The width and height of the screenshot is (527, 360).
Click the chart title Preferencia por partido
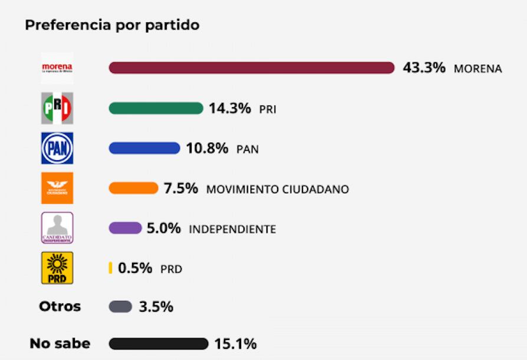point(112,25)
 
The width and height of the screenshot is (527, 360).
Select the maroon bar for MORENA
point(251,68)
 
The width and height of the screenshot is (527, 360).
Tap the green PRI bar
point(156,108)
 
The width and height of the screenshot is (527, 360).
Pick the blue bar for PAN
point(144,148)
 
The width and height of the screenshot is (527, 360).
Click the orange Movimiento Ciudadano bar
point(133,189)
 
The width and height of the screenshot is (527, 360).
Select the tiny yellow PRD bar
point(110,268)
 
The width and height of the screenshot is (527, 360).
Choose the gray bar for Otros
point(120,307)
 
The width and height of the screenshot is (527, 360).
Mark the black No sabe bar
point(159,344)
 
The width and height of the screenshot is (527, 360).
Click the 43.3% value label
point(424,68)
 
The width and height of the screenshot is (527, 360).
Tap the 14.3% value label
point(230,108)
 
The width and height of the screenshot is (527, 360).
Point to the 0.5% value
point(135,268)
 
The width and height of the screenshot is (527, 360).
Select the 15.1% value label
point(235,344)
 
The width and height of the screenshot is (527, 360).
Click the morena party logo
point(57,68)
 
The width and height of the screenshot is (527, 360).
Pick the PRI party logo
point(57,108)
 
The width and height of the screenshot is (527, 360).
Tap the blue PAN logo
point(57,148)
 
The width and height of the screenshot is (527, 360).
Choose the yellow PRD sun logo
point(57,268)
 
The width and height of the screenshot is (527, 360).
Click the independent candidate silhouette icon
point(57,228)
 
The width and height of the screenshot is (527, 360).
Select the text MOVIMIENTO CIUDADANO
point(278,190)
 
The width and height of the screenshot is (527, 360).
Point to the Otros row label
point(60,307)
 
